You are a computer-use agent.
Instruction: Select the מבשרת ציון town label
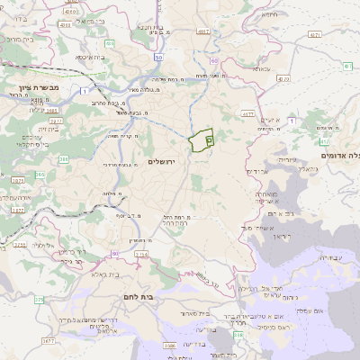coord(26,89)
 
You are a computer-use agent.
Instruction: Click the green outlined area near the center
coord(201,140)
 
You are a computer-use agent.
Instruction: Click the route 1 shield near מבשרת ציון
coord(84,91)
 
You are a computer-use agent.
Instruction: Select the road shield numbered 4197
coord(202,31)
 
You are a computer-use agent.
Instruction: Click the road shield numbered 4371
coord(314,34)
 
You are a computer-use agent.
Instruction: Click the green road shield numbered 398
coord(238,335)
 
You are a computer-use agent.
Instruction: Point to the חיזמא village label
coord(267,15)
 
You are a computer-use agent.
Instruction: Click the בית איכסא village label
coord(88,56)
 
